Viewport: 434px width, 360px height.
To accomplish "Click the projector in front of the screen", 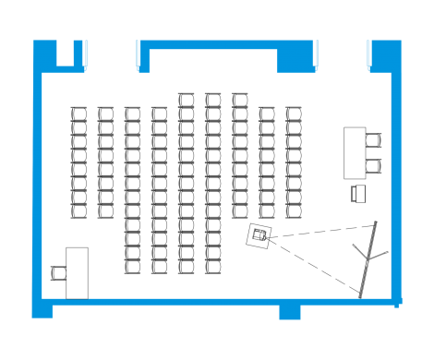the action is tap(260, 235).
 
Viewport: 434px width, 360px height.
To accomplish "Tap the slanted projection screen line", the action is tap(368, 258).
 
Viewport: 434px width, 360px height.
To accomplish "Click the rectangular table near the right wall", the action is tap(355, 153).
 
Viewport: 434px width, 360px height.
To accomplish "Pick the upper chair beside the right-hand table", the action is tap(373, 141).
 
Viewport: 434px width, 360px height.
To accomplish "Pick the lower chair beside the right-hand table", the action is tap(373, 166).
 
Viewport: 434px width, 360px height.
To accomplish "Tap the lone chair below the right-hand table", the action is tap(358, 193).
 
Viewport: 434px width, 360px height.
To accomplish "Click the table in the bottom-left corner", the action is tap(77, 272).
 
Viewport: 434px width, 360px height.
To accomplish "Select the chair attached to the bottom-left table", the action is tap(59, 272).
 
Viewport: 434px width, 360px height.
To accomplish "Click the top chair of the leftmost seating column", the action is tap(78, 114).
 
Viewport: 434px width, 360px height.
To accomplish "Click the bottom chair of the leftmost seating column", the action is tap(78, 210).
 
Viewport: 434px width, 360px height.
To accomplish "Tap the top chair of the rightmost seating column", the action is tap(294, 114).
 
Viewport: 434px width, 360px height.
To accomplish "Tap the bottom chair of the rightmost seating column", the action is tap(294, 210).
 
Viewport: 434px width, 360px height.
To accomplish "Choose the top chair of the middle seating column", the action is tap(187, 99).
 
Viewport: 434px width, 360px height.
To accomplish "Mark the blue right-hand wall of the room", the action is tap(396, 185).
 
